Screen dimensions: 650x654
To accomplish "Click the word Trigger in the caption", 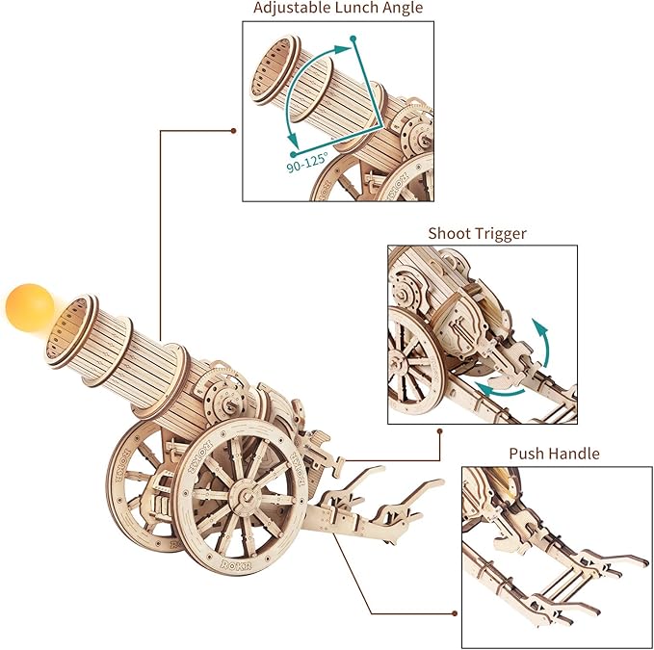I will [502, 233].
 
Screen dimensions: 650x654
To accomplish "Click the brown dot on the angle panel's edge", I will [234, 130].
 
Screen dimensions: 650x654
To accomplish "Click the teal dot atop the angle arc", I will [353, 39].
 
